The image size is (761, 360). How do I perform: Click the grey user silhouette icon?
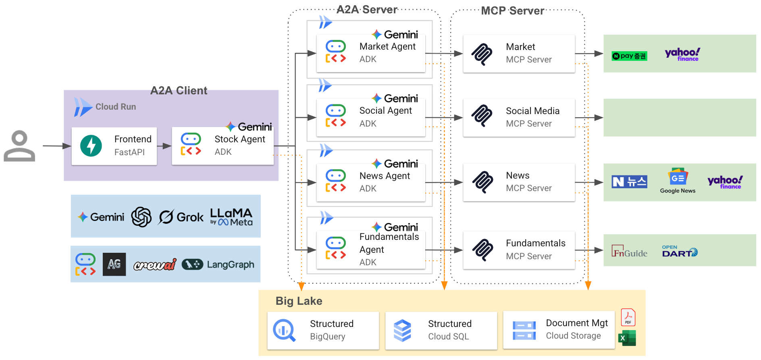tap(19, 146)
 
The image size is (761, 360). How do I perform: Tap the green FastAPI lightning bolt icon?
tap(91, 146)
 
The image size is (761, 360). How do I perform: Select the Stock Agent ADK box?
tap(223, 146)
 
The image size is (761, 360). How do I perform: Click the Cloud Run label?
tap(116, 107)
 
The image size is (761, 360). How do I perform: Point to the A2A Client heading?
tap(179, 90)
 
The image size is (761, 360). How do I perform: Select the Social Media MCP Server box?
tap(519, 118)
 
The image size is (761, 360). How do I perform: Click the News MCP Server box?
tap(519, 182)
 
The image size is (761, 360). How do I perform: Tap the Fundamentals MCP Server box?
tap(519, 250)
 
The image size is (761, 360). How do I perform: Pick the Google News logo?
tap(678, 181)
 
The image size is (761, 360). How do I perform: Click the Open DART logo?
tap(680, 251)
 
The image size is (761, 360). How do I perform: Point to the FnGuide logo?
tap(629, 252)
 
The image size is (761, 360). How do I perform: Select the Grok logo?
tap(181, 217)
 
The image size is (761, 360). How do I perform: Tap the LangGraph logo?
tap(218, 264)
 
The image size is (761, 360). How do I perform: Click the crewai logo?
tap(155, 264)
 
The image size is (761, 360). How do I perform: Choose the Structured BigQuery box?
tap(323, 331)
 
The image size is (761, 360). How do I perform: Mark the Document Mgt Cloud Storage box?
tap(559, 330)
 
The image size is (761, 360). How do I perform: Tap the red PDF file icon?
tap(628, 317)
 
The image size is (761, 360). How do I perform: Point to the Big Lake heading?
tap(299, 301)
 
